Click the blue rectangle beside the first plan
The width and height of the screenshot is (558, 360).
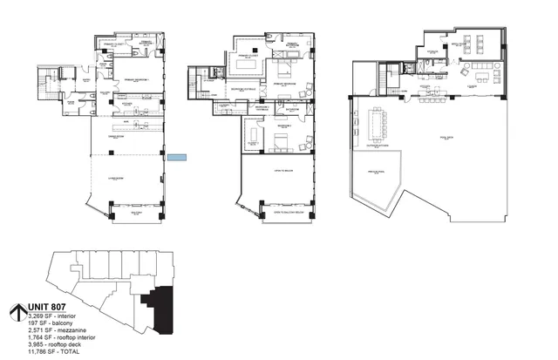point(177,157)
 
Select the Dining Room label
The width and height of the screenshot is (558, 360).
point(127,136)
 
